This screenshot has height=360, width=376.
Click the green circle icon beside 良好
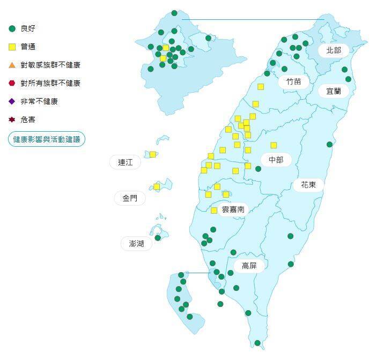pyautogui.click(x=12, y=28)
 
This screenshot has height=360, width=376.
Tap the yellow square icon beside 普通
pyautogui.click(x=12, y=47)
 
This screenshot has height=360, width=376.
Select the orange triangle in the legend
pyautogui.click(x=12, y=65)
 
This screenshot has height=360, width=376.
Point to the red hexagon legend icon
pyautogui.click(x=12, y=83)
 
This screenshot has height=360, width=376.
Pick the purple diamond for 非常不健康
pyautogui.click(x=12, y=101)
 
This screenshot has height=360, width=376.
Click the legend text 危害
pyautogui.click(x=28, y=119)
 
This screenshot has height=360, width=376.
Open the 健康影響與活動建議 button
pyautogui.click(x=47, y=139)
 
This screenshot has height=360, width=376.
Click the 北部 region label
pyautogui.click(x=333, y=50)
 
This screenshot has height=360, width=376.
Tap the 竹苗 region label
pyautogui.click(x=293, y=81)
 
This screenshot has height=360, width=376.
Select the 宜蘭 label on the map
pyautogui.click(x=333, y=91)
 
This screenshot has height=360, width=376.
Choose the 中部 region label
pyautogui.click(x=276, y=159)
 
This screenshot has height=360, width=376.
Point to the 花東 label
pyautogui.click(x=308, y=185)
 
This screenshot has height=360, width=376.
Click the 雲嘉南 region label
pyautogui.click(x=233, y=209)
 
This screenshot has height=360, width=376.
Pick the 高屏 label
pyautogui.click(x=249, y=266)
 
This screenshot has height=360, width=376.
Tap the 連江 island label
pyautogui.click(x=125, y=162)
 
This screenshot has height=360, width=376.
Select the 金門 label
pyautogui.click(x=130, y=198)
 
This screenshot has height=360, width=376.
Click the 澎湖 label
pyautogui.click(x=137, y=244)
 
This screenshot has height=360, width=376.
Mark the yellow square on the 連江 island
pyautogui.click(x=153, y=154)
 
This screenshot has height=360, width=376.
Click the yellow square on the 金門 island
pyautogui.click(x=157, y=186)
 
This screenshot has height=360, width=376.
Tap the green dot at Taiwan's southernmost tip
pyautogui.click(x=257, y=343)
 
